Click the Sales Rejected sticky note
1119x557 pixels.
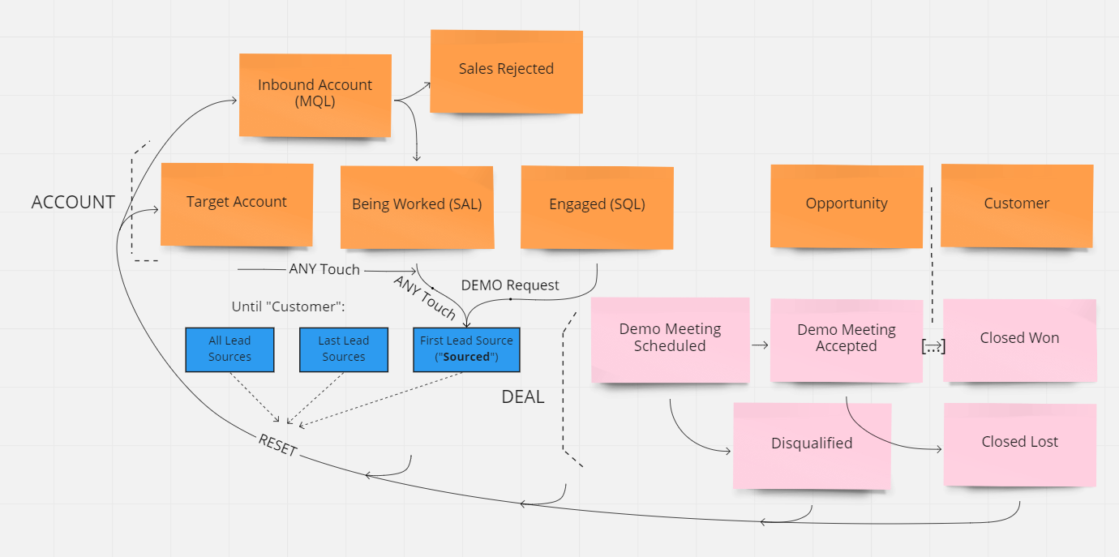(x=506, y=71)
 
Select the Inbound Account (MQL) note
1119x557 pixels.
(x=315, y=95)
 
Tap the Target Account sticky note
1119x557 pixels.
(x=237, y=204)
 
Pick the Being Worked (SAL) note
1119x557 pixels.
(x=417, y=206)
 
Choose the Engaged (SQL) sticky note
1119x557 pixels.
(x=597, y=206)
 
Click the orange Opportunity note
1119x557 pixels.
(x=847, y=205)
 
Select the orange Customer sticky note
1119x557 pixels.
(x=1017, y=205)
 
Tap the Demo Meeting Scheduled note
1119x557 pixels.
(x=670, y=339)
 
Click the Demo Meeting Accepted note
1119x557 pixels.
(x=847, y=340)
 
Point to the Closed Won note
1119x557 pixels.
(x=1019, y=339)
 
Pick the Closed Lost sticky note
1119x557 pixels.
(x=1019, y=443)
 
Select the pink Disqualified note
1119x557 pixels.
(x=812, y=445)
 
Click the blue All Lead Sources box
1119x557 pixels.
(x=229, y=349)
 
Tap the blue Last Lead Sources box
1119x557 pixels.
(x=344, y=349)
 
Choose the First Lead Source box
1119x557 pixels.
(x=466, y=349)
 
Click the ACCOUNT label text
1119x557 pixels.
(x=73, y=203)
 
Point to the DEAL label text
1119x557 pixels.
(x=523, y=397)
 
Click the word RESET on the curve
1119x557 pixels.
(x=278, y=445)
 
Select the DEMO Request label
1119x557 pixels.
(x=510, y=285)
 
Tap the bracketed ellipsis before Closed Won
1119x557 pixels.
(x=934, y=346)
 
